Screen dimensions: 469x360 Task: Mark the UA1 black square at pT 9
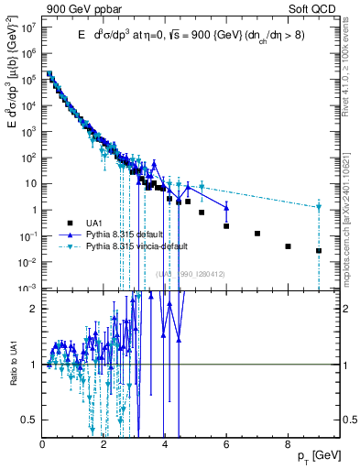tap(319, 250)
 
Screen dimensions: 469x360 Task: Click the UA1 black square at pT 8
tap(288, 246)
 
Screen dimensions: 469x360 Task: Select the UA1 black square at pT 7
tap(257, 234)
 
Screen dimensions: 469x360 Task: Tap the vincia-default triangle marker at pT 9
tap(319, 207)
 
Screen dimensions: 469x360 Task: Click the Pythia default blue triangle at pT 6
tap(226, 207)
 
